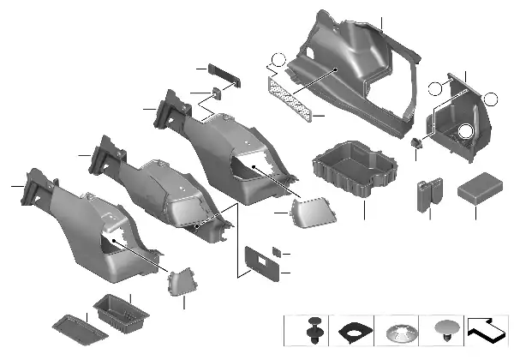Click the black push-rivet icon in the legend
point(314,330)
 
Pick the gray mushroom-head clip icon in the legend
point(445,330)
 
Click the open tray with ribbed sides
point(356,170)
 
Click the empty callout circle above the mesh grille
point(275,61)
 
